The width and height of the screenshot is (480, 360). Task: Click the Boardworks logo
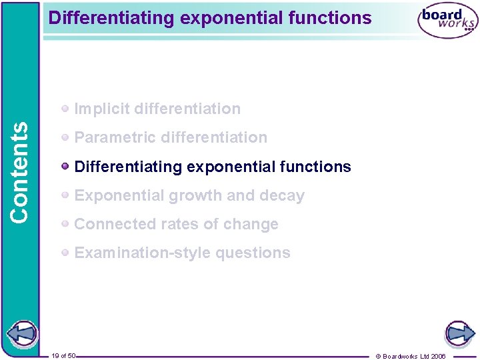click(447, 21)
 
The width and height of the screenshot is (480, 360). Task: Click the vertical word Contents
click(20, 171)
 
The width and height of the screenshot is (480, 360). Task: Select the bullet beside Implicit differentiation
click(65, 109)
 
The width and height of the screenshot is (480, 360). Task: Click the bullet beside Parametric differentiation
click(65, 137)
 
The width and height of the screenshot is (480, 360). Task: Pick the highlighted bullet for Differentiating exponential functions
click(65, 167)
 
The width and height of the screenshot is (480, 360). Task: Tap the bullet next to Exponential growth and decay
click(65, 195)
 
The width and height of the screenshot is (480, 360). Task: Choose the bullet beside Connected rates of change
click(65, 224)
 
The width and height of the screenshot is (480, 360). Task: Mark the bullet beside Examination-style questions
click(65, 253)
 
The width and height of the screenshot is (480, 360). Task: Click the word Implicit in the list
click(97, 109)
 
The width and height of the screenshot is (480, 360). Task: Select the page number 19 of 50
click(63, 356)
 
